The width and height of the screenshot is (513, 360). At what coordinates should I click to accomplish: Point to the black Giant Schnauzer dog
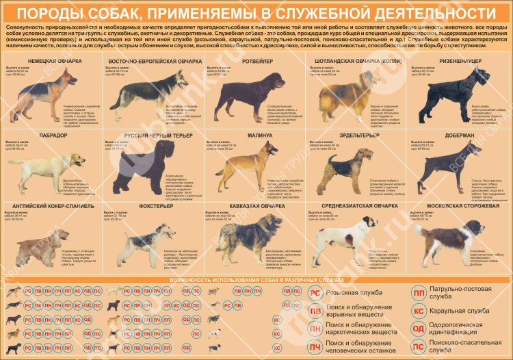tap(443, 96)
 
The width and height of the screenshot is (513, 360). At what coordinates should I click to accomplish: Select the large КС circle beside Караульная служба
tap(418, 311)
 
